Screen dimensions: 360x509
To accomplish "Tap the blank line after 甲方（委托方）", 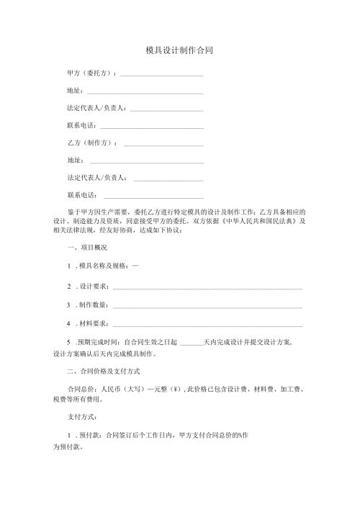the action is [161, 75].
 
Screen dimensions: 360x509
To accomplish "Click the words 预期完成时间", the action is [99, 341].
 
